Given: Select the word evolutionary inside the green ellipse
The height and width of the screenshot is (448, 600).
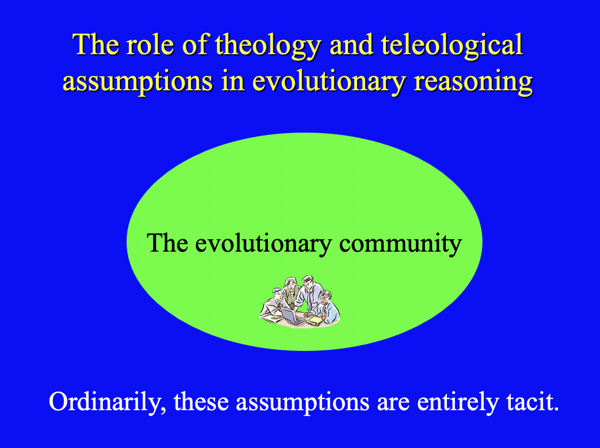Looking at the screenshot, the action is click(263, 244).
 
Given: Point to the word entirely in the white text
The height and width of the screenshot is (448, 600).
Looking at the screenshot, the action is click(458, 402).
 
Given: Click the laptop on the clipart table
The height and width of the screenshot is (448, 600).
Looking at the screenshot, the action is click(293, 315).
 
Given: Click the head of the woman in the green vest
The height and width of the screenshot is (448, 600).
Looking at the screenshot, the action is click(291, 284).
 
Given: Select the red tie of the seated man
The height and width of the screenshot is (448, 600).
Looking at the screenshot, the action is click(324, 311).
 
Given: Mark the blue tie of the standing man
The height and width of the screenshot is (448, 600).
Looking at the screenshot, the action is click(310, 300).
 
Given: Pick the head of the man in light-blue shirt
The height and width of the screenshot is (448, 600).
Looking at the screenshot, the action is click(326, 297).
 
